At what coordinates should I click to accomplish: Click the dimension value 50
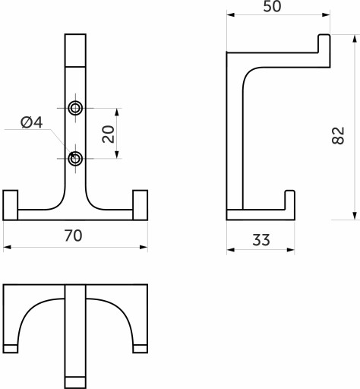click(x=272, y=7)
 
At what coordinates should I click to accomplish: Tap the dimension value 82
click(x=338, y=135)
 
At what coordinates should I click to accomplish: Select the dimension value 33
click(x=261, y=240)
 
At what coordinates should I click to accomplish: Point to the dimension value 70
click(x=73, y=236)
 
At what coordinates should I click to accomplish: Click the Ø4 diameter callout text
click(x=32, y=122)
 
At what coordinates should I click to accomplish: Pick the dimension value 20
click(x=108, y=134)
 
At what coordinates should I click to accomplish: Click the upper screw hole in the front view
click(x=75, y=108)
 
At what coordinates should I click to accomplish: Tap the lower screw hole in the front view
click(x=75, y=159)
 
